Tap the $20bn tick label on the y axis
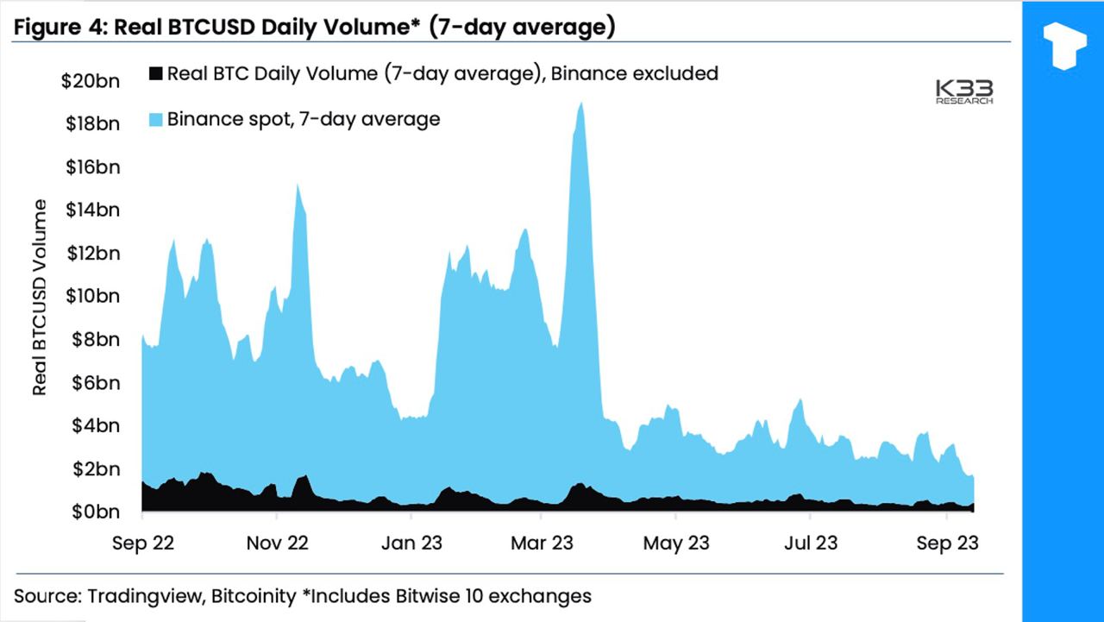tap(90, 82)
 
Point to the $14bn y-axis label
tap(90, 210)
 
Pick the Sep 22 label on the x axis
tap(143, 543)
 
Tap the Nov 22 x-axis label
tap(277, 543)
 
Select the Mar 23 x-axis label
tap(542, 543)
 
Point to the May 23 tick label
tap(677, 543)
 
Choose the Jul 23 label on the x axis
tap(811, 543)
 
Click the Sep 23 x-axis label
tap(947, 543)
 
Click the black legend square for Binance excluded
tap(155, 73)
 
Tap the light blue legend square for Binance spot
tap(155, 120)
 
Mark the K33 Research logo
tap(965, 91)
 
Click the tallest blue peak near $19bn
tap(581, 104)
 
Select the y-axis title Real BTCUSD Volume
tap(40, 297)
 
